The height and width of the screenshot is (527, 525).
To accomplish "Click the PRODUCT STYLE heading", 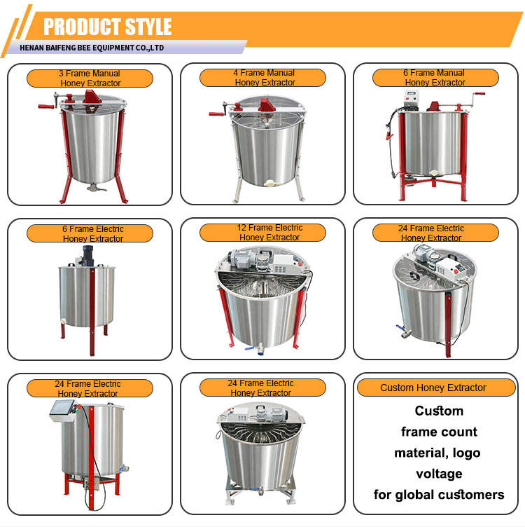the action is click(x=107, y=27).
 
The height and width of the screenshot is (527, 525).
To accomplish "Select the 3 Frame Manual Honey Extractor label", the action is click(x=90, y=78).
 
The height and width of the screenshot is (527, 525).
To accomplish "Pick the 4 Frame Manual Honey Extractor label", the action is click(x=262, y=78).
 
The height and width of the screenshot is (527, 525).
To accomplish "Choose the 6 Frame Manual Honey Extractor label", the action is click(x=435, y=78).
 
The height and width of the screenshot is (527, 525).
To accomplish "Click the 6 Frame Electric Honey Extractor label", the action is click(x=90, y=233).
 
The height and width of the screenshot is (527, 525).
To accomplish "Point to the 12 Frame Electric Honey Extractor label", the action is click(x=262, y=233).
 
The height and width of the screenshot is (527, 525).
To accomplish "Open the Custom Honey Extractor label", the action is click(x=436, y=388).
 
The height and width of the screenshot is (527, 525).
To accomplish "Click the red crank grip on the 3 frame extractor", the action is click(x=45, y=107).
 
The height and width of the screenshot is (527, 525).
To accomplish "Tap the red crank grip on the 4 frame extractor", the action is click(x=216, y=114).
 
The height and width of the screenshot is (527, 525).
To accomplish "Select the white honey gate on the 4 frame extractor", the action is click(x=269, y=183).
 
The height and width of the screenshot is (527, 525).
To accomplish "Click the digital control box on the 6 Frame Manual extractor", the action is click(x=410, y=99).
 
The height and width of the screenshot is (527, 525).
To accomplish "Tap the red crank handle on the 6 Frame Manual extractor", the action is click(x=479, y=94).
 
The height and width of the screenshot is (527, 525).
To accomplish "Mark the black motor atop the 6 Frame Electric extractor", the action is click(x=87, y=255).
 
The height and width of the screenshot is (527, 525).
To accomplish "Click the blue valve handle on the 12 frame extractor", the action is click(x=249, y=348).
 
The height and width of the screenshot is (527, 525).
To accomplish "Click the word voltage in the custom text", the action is click(x=439, y=474).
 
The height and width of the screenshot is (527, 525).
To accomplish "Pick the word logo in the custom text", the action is click(x=466, y=453).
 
